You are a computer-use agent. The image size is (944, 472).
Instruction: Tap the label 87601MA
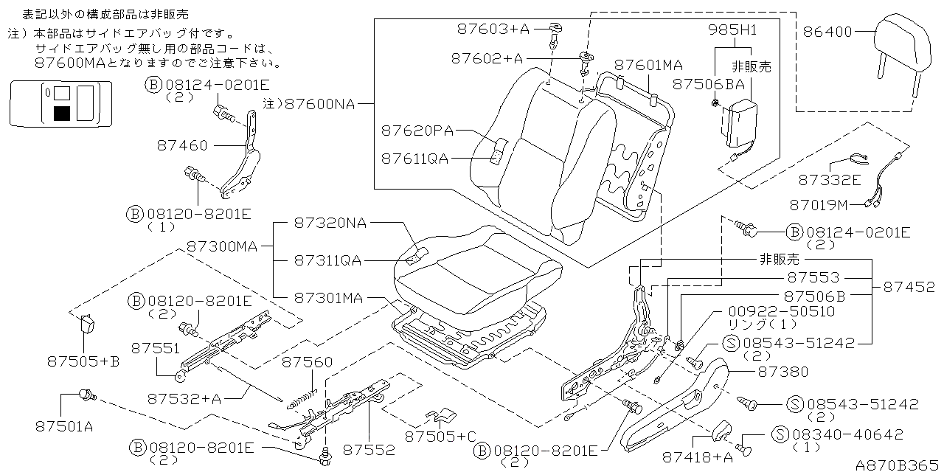pyautogui.click(x=648, y=65)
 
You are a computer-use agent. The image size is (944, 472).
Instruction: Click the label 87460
pyautogui.click(x=182, y=145)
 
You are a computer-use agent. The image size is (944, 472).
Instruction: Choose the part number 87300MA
pyautogui.click(x=221, y=246)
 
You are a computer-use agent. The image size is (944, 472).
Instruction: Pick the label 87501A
pyautogui.click(x=64, y=426)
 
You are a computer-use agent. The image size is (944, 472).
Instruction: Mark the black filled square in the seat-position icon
pyautogui.click(x=62, y=113)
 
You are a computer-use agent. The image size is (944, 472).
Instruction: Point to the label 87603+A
pyautogui.click(x=493, y=29)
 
